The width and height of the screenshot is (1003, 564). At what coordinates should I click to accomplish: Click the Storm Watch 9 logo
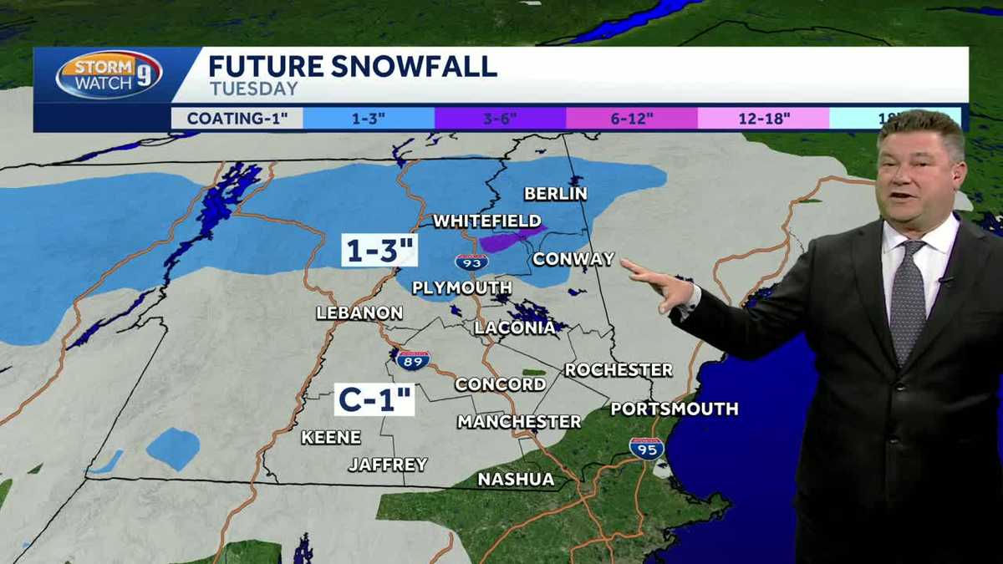109,74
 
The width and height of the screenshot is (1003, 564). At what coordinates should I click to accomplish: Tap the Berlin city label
556,194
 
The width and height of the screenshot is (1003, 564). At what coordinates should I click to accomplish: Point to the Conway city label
573,259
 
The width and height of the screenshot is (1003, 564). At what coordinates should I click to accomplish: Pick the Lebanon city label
359,313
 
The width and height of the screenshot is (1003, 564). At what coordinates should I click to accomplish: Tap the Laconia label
515,328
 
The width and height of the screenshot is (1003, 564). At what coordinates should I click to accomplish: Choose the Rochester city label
619,369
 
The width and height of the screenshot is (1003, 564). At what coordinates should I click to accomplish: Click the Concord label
500,384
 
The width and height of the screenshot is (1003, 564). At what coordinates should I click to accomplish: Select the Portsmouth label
675,409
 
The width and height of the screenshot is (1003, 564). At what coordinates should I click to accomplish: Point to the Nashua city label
516,480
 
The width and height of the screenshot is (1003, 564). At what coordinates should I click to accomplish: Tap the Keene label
331,437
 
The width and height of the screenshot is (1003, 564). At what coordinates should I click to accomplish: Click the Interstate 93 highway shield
471,262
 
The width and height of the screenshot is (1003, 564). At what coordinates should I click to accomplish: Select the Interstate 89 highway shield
413,360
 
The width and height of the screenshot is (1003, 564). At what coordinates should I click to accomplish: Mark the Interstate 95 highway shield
647,448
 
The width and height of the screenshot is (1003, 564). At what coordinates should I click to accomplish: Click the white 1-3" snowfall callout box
379,251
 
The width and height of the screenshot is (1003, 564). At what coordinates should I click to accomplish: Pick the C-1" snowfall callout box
375,399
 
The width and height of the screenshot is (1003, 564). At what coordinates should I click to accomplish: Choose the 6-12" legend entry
631,118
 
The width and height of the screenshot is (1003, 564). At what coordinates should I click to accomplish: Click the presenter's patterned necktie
907,301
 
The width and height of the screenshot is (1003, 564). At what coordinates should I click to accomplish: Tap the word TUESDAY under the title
253,89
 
